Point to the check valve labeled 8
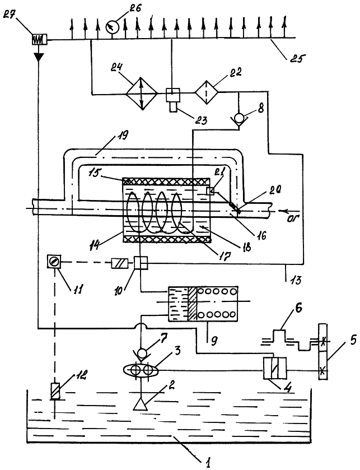click(240, 118)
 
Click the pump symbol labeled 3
click(144, 372)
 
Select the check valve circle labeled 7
click(144, 353)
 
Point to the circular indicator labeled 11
click(54, 262)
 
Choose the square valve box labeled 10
click(140, 262)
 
